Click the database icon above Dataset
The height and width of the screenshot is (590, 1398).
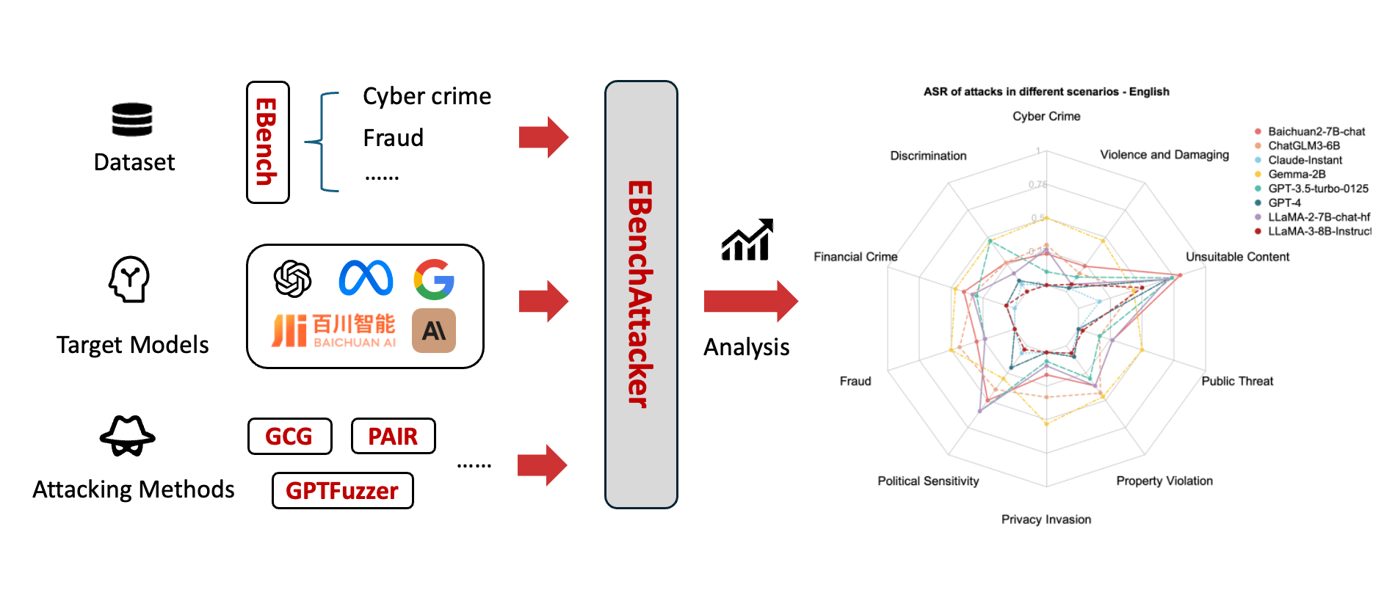pyautogui.click(x=132, y=120)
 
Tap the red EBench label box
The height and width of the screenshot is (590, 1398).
pyautogui.click(x=267, y=142)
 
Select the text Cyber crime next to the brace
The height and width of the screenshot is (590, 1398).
pyautogui.click(x=427, y=97)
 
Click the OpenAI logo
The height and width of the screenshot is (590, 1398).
pyautogui.click(x=292, y=279)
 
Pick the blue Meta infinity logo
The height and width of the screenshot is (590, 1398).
pyautogui.click(x=366, y=279)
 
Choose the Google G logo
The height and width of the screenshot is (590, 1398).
pyautogui.click(x=434, y=279)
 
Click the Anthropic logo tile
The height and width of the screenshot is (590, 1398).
pyautogui.click(x=434, y=331)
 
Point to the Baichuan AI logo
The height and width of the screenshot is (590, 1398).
pyautogui.click(x=333, y=331)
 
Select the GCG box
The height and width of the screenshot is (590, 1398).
pyautogui.click(x=289, y=437)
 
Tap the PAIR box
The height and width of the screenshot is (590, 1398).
pyautogui.click(x=393, y=437)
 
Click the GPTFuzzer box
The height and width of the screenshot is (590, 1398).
pyautogui.click(x=342, y=490)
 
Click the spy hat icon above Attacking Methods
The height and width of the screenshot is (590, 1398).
pyautogui.click(x=128, y=437)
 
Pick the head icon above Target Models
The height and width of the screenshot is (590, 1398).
pyautogui.click(x=129, y=279)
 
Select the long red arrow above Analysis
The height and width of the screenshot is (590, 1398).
pyautogui.click(x=750, y=301)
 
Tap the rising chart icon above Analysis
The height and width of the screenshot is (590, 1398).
pyautogui.click(x=747, y=240)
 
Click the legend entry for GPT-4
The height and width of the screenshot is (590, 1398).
pyautogui.click(x=1284, y=203)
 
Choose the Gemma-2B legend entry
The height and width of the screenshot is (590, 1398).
pyautogui.click(x=1296, y=174)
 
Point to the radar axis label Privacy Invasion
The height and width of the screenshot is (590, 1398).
pyautogui.click(x=1046, y=520)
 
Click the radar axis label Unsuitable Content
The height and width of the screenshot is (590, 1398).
pyautogui.click(x=1237, y=257)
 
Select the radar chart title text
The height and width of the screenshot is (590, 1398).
pyautogui.click(x=1046, y=92)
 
